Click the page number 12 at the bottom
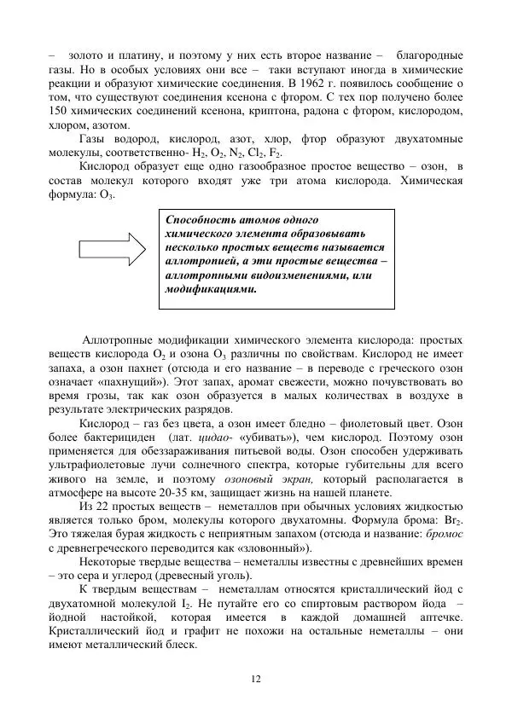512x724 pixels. (x=255, y=678)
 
